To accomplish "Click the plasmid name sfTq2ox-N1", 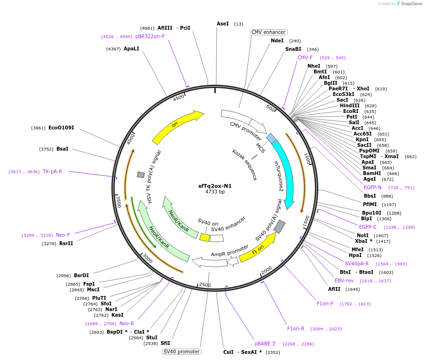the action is [215, 186].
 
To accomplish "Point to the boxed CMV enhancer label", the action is [268, 32].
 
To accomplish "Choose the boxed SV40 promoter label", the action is [181, 352].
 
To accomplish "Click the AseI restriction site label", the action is [223, 24].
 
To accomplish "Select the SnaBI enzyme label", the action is [293, 49].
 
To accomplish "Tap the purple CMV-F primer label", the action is [305, 57].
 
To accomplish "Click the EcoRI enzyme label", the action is [351, 111].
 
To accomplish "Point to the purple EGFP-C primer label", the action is [368, 227].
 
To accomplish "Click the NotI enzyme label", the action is [362, 235].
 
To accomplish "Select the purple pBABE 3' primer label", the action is [266, 344].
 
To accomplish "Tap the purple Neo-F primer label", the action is [63, 235].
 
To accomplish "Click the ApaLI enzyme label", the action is [131, 48].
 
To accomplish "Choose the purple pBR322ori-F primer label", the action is [150, 36].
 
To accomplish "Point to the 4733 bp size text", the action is [215, 192].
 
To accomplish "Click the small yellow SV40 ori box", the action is [204, 238].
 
